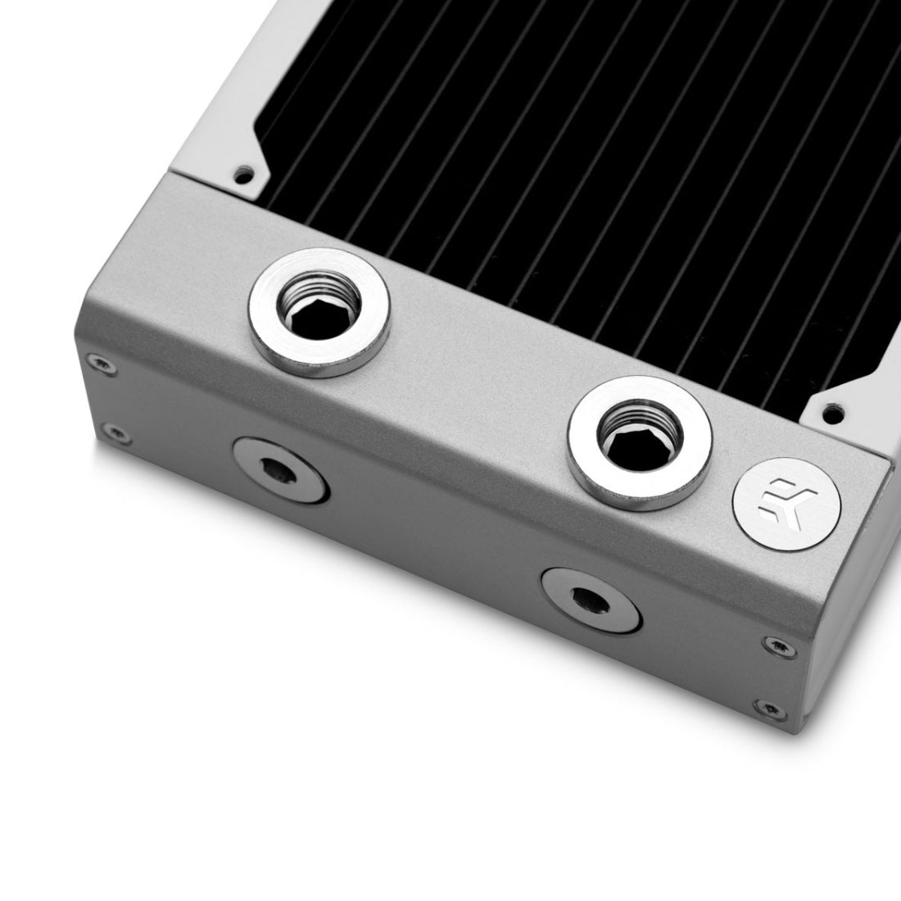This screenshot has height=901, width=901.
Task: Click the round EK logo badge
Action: (x=786, y=504)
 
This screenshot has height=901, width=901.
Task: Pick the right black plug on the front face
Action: (x=591, y=601)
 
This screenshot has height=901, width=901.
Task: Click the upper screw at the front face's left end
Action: (x=100, y=363)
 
